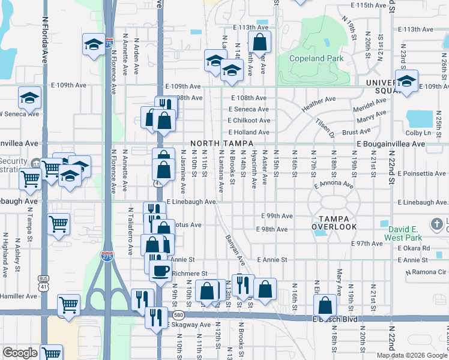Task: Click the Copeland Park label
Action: (x=316, y=58)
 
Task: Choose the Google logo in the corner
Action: (x=20, y=353)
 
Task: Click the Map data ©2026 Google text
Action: (x=412, y=355)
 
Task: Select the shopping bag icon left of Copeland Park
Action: (x=259, y=42)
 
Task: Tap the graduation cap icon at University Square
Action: (x=406, y=81)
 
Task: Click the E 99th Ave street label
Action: (x=277, y=216)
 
